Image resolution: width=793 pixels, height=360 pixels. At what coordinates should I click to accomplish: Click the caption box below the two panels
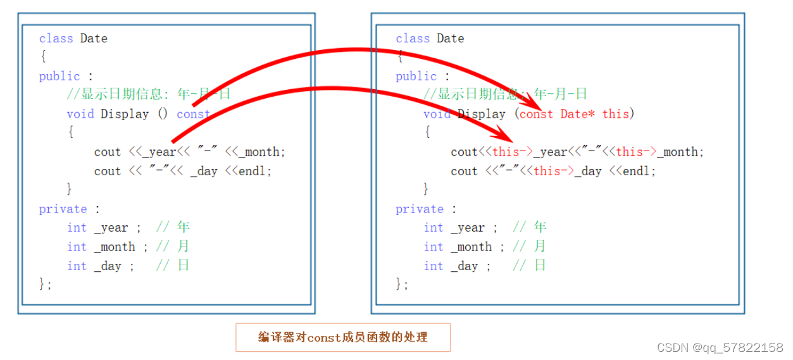(x=342, y=337)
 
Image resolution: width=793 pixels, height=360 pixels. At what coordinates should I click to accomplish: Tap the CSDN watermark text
(x=720, y=347)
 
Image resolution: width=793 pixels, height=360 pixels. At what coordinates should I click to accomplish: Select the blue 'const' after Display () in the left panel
(x=193, y=114)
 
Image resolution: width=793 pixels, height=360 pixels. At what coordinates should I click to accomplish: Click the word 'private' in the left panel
(x=63, y=209)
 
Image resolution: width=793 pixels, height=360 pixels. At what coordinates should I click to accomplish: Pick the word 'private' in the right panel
(x=419, y=209)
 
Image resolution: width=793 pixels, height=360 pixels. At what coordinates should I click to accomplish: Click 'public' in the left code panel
(x=59, y=76)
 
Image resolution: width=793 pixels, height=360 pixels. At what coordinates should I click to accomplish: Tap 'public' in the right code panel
(x=416, y=76)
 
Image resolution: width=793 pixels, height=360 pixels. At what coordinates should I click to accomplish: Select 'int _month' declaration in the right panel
(x=458, y=247)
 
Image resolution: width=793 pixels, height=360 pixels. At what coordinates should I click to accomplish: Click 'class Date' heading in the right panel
(x=430, y=39)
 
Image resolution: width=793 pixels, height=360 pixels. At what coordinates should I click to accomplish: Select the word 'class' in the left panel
(x=56, y=39)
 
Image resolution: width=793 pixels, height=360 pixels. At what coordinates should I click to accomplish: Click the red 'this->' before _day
(x=553, y=171)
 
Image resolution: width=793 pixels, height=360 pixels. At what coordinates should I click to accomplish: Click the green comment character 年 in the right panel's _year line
(x=540, y=227)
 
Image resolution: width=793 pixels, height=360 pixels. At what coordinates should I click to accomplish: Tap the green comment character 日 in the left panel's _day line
(x=183, y=265)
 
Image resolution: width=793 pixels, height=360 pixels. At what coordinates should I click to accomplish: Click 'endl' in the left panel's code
(x=255, y=171)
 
